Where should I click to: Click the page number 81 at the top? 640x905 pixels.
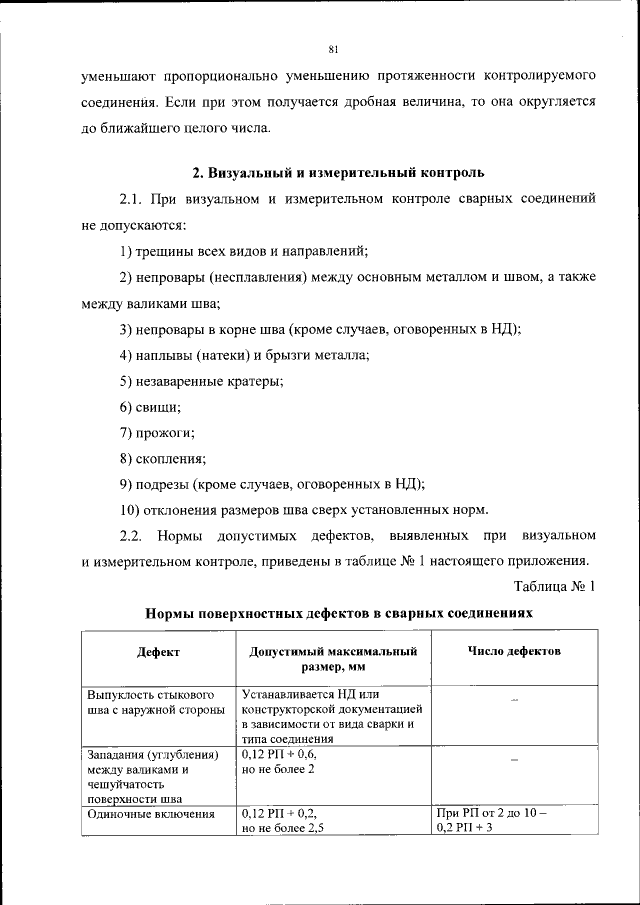point(332,48)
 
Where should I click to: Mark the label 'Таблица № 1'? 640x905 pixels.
point(555,587)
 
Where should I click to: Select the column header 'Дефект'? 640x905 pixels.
point(159,651)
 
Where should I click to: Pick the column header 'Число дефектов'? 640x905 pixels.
point(514,651)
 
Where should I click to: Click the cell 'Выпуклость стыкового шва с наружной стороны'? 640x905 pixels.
point(151,702)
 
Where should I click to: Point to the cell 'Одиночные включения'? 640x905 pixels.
point(151,815)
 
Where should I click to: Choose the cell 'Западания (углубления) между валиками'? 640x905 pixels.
point(151,776)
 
